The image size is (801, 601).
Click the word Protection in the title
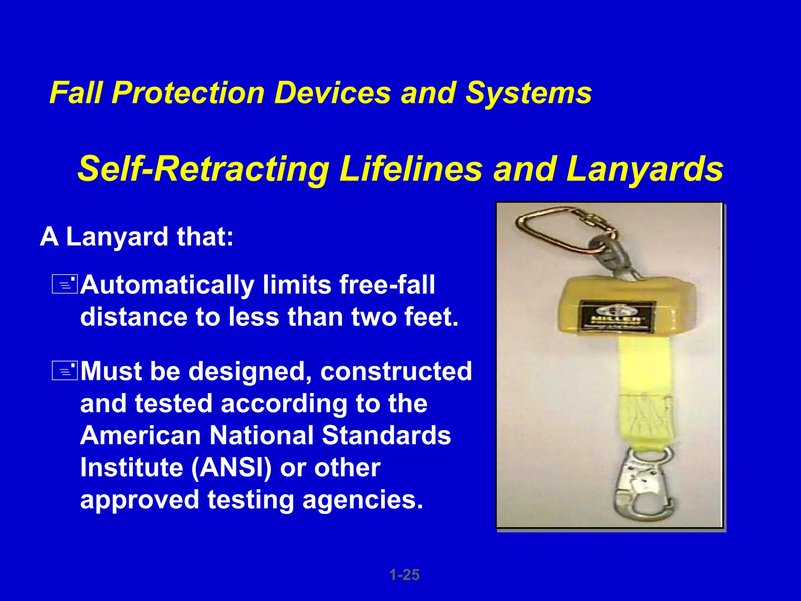point(188,93)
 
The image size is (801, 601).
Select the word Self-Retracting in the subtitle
point(203,169)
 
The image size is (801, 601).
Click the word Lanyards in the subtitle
point(645,169)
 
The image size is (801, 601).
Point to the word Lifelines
point(411,169)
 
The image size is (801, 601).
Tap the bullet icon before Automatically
point(65,284)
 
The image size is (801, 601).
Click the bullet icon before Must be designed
point(65,371)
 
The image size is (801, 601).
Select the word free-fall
point(387,284)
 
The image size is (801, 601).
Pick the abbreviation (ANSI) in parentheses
point(231,468)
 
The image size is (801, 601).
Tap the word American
point(140,435)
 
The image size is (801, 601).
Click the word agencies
point(363,500)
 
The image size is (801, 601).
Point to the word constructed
point(396,371)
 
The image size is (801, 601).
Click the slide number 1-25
point(404,575)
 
